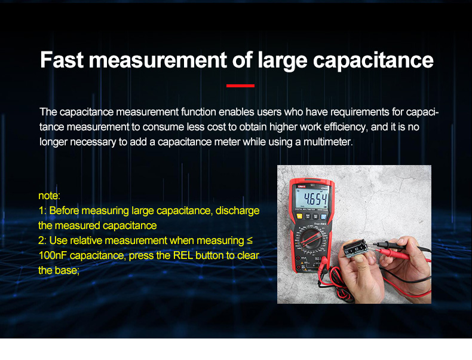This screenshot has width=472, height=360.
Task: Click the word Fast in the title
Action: click(x=62, y=60)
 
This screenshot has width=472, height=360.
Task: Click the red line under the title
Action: click(x=240, y=86)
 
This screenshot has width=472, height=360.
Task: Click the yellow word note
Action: click(x=49, y=196)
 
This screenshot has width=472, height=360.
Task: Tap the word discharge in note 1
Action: click(x=237, y=210)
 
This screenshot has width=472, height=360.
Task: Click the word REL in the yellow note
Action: click(x=183, y=255)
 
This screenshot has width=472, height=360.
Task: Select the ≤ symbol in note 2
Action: click(x=250, y=240)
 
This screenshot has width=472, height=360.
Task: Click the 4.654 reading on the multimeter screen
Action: click(x=315, y=199)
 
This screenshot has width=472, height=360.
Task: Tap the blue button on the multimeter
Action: click(x=323, y=216)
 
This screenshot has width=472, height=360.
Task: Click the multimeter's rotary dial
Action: click(x=311, y=238)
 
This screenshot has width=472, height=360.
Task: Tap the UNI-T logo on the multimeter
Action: click(x=301, y=187)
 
